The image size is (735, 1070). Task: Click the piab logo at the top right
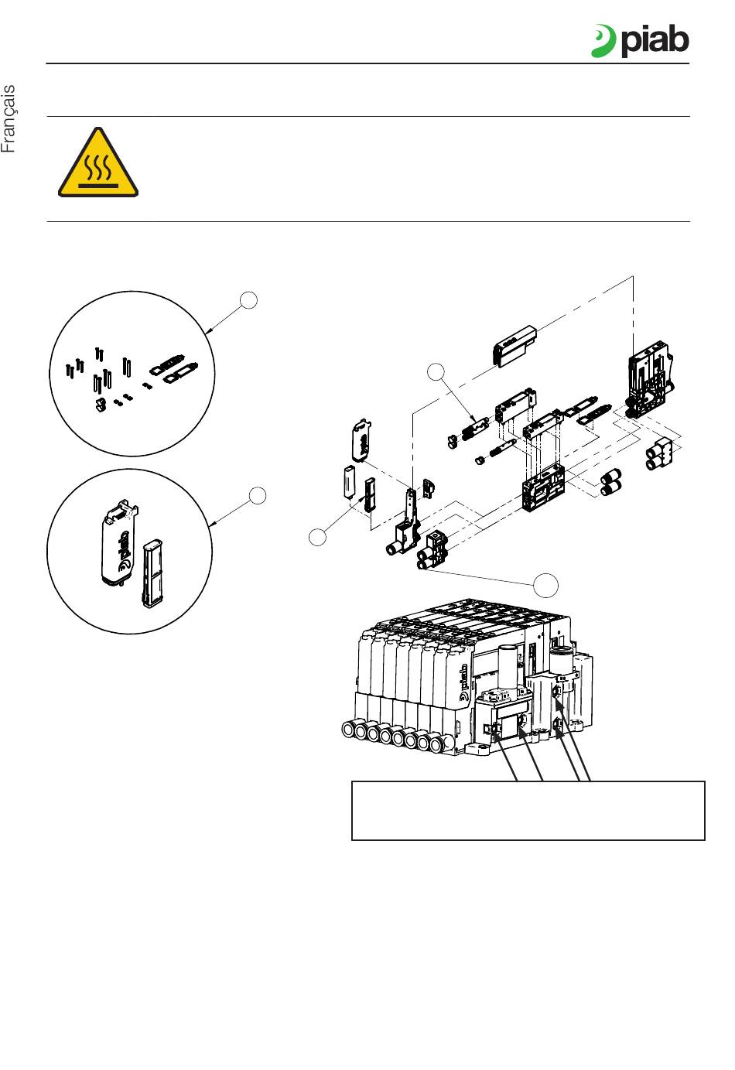point(640,40)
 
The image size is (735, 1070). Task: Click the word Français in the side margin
point(9,119)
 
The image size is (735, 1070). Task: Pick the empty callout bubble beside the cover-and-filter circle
point(258,495)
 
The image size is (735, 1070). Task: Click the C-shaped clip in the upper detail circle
point(101,405)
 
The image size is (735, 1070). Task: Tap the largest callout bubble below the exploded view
point(547,585)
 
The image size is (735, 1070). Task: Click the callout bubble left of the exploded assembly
point(318,536)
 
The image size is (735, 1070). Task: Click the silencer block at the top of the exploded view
point(513,344)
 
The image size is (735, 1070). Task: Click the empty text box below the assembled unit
point(528,810)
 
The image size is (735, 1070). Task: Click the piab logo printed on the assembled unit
point(465,682)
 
